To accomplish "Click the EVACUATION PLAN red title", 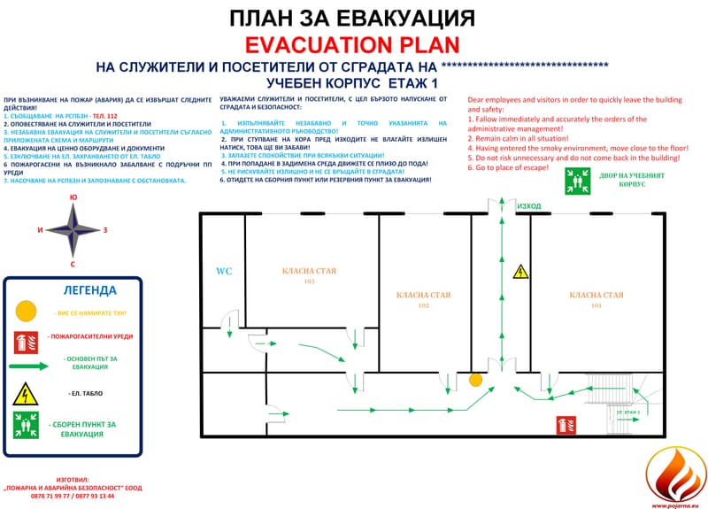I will click(353, 46).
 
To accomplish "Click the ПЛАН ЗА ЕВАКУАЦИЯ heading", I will click(353, 19).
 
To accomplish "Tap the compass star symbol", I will click(73, 228).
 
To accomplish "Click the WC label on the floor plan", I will click(224, 271).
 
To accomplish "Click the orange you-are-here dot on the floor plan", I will click(475, 380).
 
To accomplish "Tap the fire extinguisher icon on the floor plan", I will click(560, 424).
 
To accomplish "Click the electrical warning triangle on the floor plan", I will click(522, 272).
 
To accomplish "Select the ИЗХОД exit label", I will click(529, 205).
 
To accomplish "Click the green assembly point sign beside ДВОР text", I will click(575, 181).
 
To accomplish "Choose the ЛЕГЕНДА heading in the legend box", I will click(89, 290).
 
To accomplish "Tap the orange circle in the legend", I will click(27, 312).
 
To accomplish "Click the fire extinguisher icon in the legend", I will click(27, 339).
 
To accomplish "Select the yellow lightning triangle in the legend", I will click(27, 392).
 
